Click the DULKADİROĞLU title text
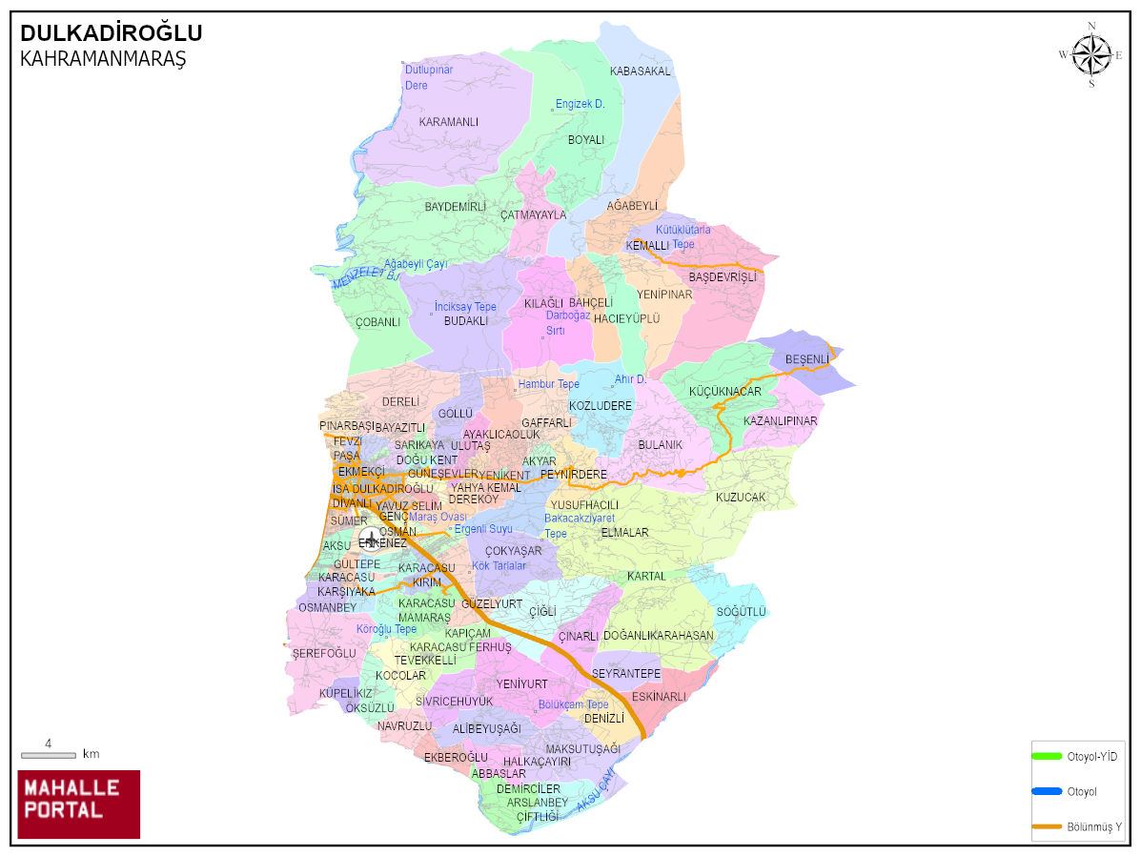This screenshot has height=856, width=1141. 112,34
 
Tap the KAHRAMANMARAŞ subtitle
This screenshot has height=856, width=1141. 103,59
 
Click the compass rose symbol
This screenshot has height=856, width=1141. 1091,54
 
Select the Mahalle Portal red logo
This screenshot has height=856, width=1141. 79,804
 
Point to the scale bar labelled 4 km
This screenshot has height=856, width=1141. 49,754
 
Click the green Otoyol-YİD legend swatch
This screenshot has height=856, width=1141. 1047,756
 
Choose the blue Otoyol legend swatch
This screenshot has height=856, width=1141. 1047,791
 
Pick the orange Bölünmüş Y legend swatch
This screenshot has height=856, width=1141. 1047,825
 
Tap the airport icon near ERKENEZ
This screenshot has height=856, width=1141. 370,540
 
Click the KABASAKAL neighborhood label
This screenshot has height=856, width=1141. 640,71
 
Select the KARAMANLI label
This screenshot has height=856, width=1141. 448,122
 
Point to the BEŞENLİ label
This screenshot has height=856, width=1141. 806,359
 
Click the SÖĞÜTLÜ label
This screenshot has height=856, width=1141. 741,611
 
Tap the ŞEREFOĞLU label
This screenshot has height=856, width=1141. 324,653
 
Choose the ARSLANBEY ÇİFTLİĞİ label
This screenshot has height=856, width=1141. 537,809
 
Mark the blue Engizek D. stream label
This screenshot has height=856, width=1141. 581,104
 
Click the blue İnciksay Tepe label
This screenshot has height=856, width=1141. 465,307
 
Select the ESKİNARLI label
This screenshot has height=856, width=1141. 659,697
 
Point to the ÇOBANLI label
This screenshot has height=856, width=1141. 378,322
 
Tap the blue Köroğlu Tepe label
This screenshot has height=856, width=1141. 386,629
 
